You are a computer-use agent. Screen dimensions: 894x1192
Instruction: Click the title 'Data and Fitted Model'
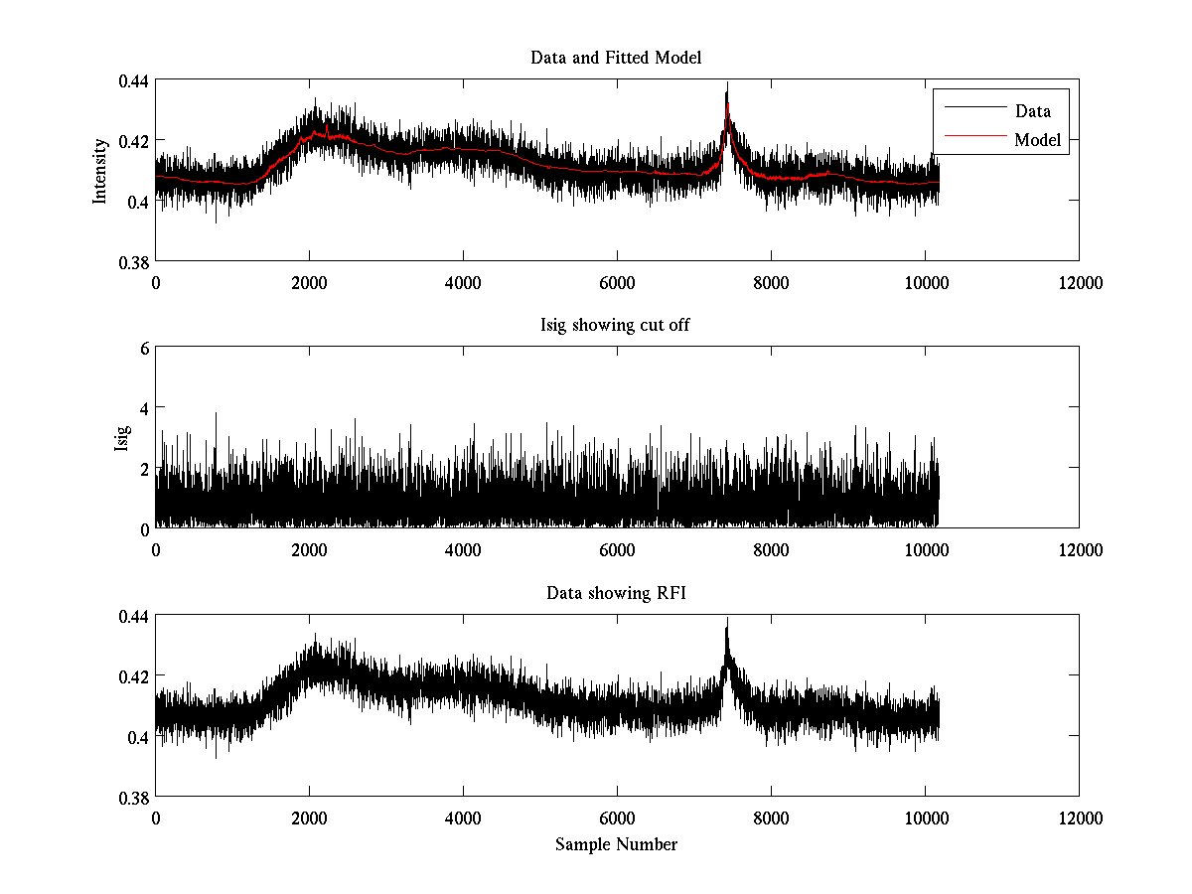point(616,58)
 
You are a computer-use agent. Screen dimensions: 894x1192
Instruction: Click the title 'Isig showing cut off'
point(616,326)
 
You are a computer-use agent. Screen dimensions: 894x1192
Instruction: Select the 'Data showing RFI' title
point(616,594)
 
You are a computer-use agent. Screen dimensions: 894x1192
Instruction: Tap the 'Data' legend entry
point(1032,111)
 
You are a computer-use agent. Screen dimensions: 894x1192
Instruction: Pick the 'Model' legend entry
point(1037,140)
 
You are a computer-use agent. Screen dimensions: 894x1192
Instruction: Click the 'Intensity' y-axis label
point(100,171)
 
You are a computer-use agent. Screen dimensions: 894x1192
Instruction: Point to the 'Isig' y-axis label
point(121,438)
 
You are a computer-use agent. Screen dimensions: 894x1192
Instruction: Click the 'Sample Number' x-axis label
point(616,844)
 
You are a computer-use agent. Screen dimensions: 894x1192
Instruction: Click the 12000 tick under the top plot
point(1079,283)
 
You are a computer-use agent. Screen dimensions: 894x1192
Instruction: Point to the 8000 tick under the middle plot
point(771,550)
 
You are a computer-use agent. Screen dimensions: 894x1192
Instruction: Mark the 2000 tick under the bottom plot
point(309,819)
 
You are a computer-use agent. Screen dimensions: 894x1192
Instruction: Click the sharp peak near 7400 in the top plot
point(727,83)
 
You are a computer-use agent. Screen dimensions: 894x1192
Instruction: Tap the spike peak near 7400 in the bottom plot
point(727,620)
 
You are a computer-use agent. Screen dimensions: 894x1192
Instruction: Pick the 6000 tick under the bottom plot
point(617,819)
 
